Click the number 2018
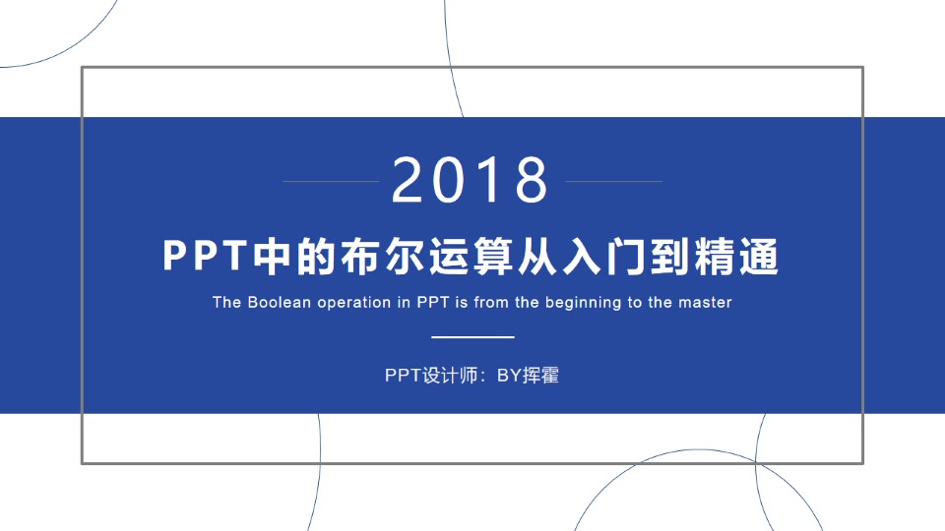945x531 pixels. coord(471,180)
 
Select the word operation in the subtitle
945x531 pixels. coord(353,302)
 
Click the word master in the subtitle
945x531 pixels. coord(705,302)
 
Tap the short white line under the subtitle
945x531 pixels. coord(473,337)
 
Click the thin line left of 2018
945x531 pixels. coord(330,182)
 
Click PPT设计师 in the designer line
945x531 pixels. coord(430,375)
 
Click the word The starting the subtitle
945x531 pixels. coord(226,302)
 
